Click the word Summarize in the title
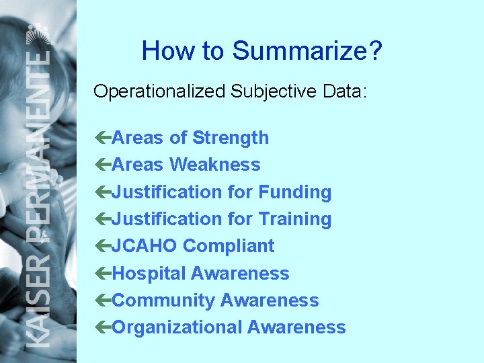pos(307,51)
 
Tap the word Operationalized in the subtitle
pos(159,92)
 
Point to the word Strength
pos(231,138)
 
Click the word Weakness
pos(215,165)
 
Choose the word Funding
pos(295,192)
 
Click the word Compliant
pos(229,246)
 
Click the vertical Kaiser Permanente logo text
pos(39,202)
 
